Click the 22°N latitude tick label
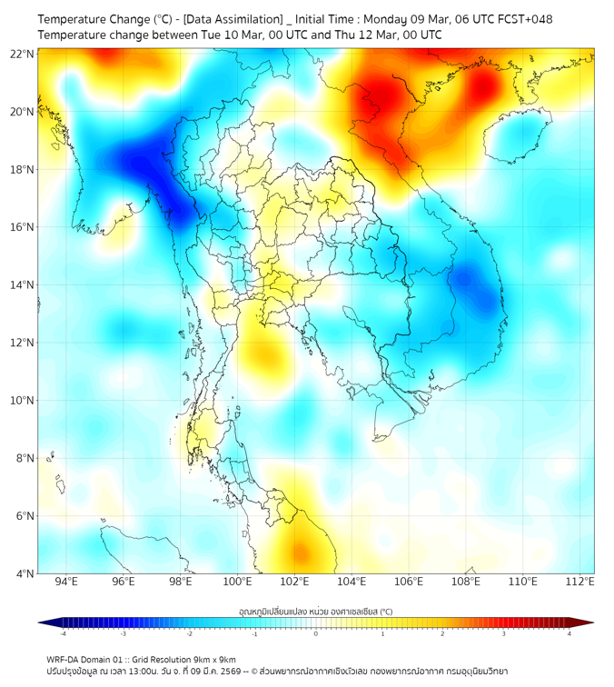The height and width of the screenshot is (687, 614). [24, 54]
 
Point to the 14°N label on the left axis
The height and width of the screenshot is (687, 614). [24, 285]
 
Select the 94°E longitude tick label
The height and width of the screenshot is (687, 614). [66, 582]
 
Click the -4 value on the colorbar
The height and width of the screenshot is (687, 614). [63, 633]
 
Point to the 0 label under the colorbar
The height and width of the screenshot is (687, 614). [316, 633]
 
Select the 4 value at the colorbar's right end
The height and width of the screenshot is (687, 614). [569, 633]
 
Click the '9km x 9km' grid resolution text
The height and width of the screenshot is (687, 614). [211, 659]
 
